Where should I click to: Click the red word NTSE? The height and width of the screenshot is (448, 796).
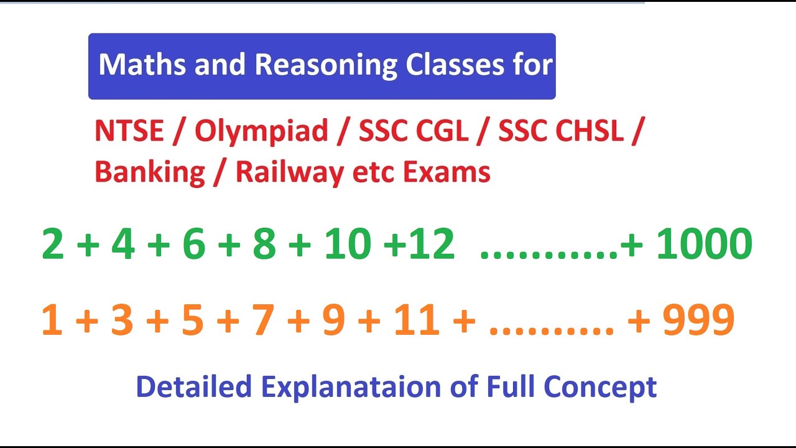pyautogui.click(x=129, y=131)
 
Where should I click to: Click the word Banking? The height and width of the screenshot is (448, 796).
pyautogui.click(x=149, y=172)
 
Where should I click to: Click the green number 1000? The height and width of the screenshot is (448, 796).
pyautogui.click(x=704, y=244)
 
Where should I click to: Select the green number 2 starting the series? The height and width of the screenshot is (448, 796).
pyautogui.click(x=53, y=244)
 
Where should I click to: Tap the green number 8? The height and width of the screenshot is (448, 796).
pyautogui.click(x=264, y=244)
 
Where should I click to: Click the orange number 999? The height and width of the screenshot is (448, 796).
pyautogui.click(x=698, y=321)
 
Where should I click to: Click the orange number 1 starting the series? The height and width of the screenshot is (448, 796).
pyautogui.click(x=52, y=321)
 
